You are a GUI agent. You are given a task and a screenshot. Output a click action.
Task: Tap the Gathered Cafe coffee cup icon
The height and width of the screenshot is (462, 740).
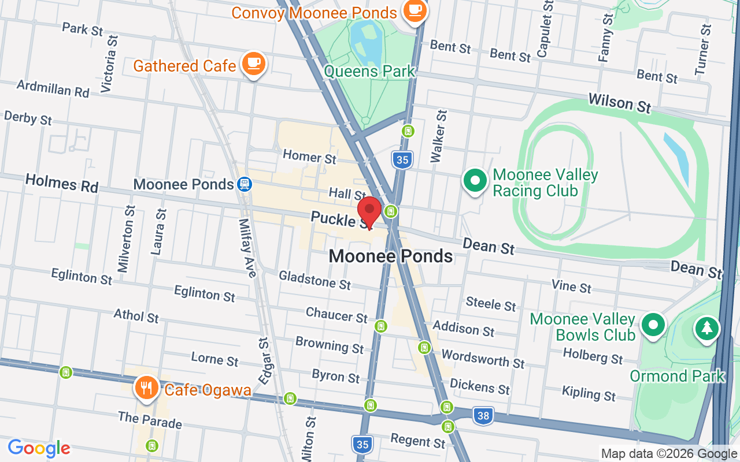[254, 64]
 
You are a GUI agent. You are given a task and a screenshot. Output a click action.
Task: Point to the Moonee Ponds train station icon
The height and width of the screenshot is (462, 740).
[245, 184]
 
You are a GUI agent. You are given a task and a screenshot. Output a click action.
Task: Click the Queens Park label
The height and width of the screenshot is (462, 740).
[370, 72]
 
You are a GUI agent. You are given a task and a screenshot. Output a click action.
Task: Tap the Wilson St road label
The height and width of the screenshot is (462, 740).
[619, 103]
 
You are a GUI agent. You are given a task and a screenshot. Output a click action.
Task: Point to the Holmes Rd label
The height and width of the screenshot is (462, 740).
[62, 184]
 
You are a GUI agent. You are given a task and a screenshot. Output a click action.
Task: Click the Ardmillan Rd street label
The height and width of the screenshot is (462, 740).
[53, 88]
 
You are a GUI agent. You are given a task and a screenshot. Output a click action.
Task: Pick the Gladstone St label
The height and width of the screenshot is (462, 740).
[314, 280]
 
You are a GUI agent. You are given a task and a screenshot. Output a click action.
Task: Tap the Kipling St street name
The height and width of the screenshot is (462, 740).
[589, 393]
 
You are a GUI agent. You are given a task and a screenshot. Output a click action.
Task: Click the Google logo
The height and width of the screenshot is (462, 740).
[39, 448]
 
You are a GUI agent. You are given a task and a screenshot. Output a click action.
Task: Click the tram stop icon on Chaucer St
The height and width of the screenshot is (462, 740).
[380, 326]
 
